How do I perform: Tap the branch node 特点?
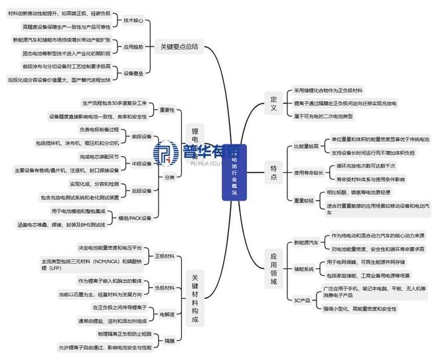273,171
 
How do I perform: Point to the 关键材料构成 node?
194,298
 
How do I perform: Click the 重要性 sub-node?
149,110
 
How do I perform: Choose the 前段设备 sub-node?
142,136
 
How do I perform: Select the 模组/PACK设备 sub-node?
135,217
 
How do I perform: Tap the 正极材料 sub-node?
164,255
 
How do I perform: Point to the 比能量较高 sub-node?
309,145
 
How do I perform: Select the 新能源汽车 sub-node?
305,242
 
